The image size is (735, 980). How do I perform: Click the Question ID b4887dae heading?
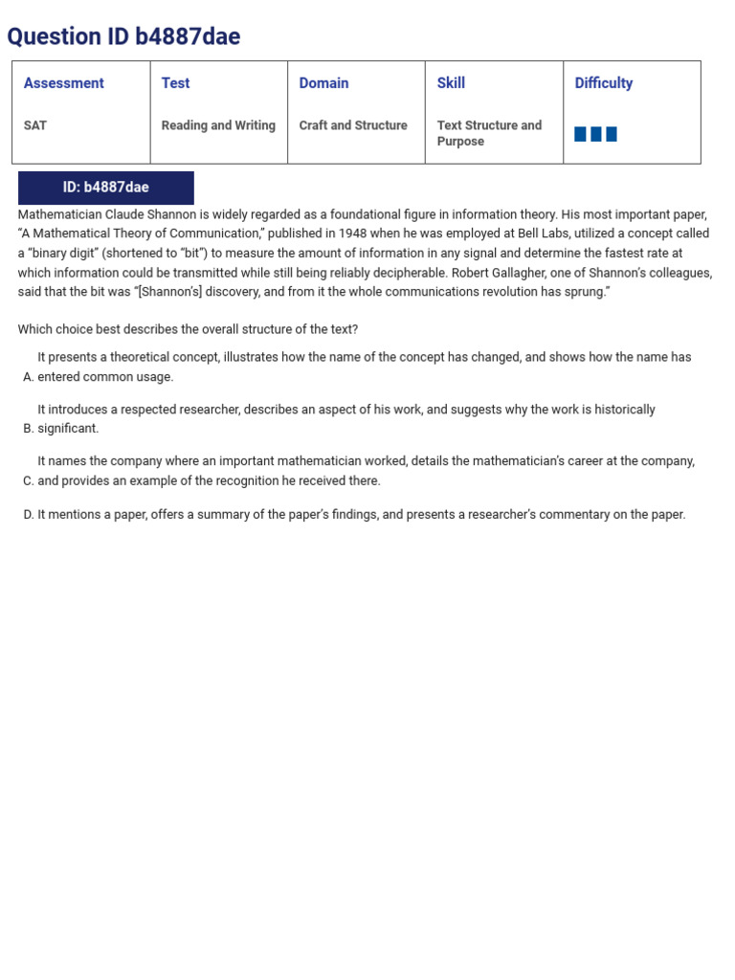pos(123,36)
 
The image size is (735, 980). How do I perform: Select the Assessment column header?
pos(63,83)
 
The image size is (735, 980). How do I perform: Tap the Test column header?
pos(175,83)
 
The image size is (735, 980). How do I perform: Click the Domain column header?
pos(323,83)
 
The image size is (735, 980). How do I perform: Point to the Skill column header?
pos(451,83)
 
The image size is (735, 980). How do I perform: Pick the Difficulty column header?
pos(603,83)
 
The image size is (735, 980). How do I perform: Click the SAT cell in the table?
pos(35,125)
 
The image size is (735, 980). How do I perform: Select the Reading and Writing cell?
pos(218,125)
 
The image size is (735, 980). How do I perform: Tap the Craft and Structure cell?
pos(353,125)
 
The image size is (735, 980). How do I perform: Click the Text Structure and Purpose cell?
pos(489,133)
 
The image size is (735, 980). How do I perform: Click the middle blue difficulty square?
pos(595,134)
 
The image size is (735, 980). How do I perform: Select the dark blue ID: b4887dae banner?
pos(106,188)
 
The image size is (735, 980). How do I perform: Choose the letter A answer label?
pos(28,377)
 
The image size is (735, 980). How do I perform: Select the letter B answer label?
pos(28,429)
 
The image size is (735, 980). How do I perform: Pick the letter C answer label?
pos(28,481)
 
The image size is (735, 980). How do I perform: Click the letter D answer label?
pos(28,515)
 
